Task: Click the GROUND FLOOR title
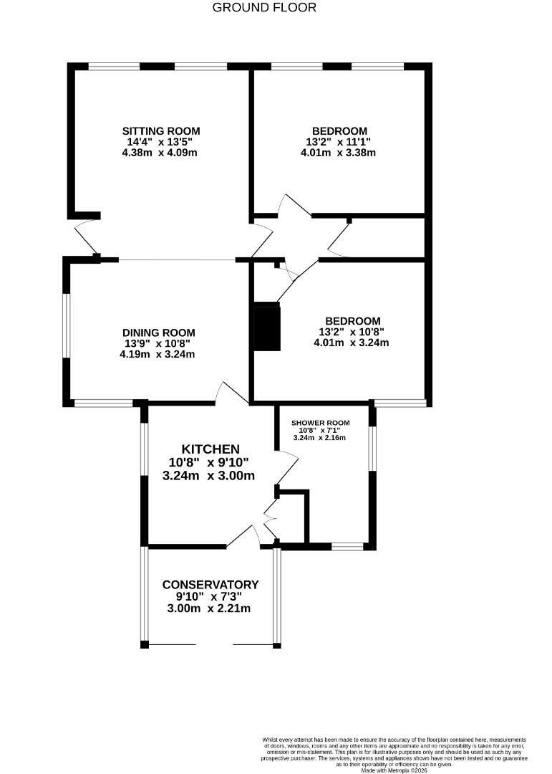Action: click(264, 8)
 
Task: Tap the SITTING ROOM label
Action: click(161, 131)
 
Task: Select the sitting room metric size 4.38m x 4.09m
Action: click(160, 153)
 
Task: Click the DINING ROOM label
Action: click(158, 333)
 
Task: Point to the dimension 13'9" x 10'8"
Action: click(158, 343)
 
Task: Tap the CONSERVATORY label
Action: click(210, 585)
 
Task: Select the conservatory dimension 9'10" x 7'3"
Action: click(210, 596)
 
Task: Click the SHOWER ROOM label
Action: click(319, 422)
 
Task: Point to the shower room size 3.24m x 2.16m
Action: click(319, 438)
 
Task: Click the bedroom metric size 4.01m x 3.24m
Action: click(351, 343)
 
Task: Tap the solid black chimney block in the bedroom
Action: click(267, 328)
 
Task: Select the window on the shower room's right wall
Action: click(372, 449)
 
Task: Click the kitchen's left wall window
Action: click(144, 449)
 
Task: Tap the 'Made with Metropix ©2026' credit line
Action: click(394, 770)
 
